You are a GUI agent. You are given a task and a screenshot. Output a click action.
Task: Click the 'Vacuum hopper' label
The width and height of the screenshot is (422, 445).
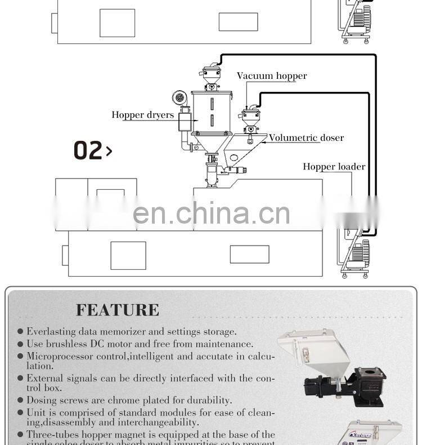272,76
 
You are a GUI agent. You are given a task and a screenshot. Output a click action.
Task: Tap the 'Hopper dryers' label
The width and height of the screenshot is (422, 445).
142,115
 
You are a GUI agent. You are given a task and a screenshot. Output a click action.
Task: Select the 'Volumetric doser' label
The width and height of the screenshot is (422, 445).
306,138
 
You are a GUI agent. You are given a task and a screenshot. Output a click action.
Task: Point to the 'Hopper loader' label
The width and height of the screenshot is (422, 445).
334,167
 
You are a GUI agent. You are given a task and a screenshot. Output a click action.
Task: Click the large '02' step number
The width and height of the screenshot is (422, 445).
88,150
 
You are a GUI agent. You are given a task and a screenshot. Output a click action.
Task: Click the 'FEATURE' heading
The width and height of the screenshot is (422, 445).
118,310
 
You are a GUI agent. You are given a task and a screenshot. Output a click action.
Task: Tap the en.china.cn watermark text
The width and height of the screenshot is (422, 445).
212,213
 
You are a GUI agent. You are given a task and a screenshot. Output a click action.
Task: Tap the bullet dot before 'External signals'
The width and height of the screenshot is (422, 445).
20,379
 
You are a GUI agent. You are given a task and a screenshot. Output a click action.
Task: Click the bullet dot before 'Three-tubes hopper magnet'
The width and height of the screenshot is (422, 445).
20,435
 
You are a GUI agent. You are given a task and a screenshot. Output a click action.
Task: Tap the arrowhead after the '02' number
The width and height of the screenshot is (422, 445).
109,151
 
